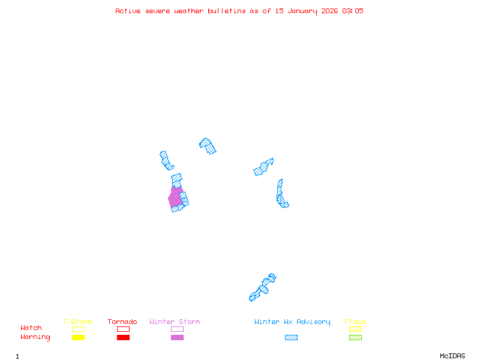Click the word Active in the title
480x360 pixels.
pos(128,11)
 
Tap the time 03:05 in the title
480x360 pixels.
pos(353,11)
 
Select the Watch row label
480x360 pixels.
pos(31,328)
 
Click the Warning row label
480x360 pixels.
pos(35,337)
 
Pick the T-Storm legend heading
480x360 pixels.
pos(77,322)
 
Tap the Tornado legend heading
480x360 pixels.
pos(122,322)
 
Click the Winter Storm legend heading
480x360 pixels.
pos(175,322)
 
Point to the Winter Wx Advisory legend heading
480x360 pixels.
pos(292,322)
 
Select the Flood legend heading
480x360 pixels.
pos(355,322)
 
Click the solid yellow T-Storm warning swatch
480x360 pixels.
pos(78,338)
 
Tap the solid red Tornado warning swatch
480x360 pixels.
pos(123,338)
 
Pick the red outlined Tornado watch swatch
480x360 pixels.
pos(123,329)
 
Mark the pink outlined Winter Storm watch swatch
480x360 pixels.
pos(177,329)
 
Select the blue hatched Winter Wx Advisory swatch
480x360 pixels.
pos(291,338)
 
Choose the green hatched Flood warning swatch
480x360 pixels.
pos(355,338)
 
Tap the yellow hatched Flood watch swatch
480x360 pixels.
pos(355,329)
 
